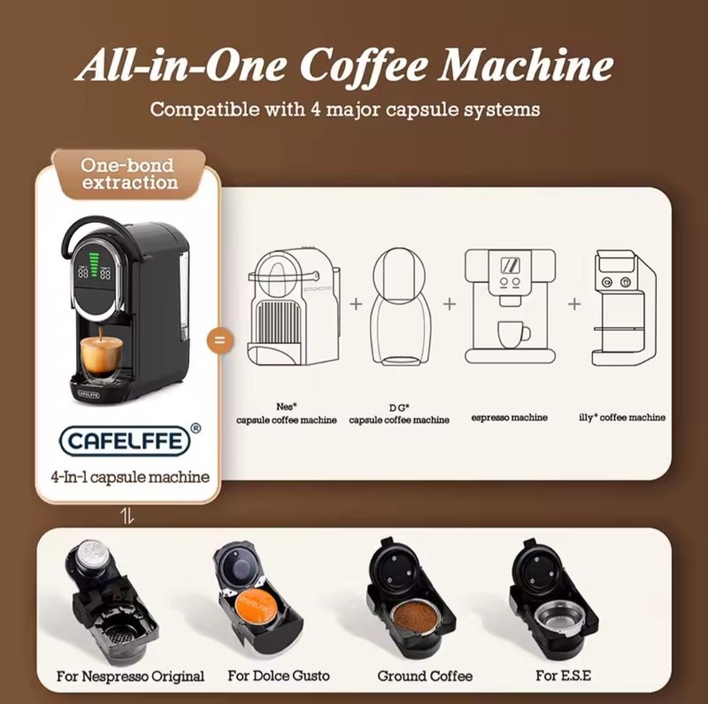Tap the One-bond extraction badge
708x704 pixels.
(x=129, y=174)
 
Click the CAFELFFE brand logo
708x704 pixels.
(x=125, y=441)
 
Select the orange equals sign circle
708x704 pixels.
(x=220, y=341)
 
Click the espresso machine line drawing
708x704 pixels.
(x=509, y=306)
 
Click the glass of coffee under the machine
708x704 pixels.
(x=100, y=357)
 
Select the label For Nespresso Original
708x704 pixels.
(x=130, y=676)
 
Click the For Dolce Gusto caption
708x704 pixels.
(x=279, y=675)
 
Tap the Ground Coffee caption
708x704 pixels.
(x=425, y=676)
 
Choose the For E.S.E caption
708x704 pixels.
(x=563, y=675)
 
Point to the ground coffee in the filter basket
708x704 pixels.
(x=414, y=616)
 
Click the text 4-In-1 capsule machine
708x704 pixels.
(x=130, y=477)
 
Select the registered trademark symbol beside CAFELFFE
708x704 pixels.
(x=195, y=428)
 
